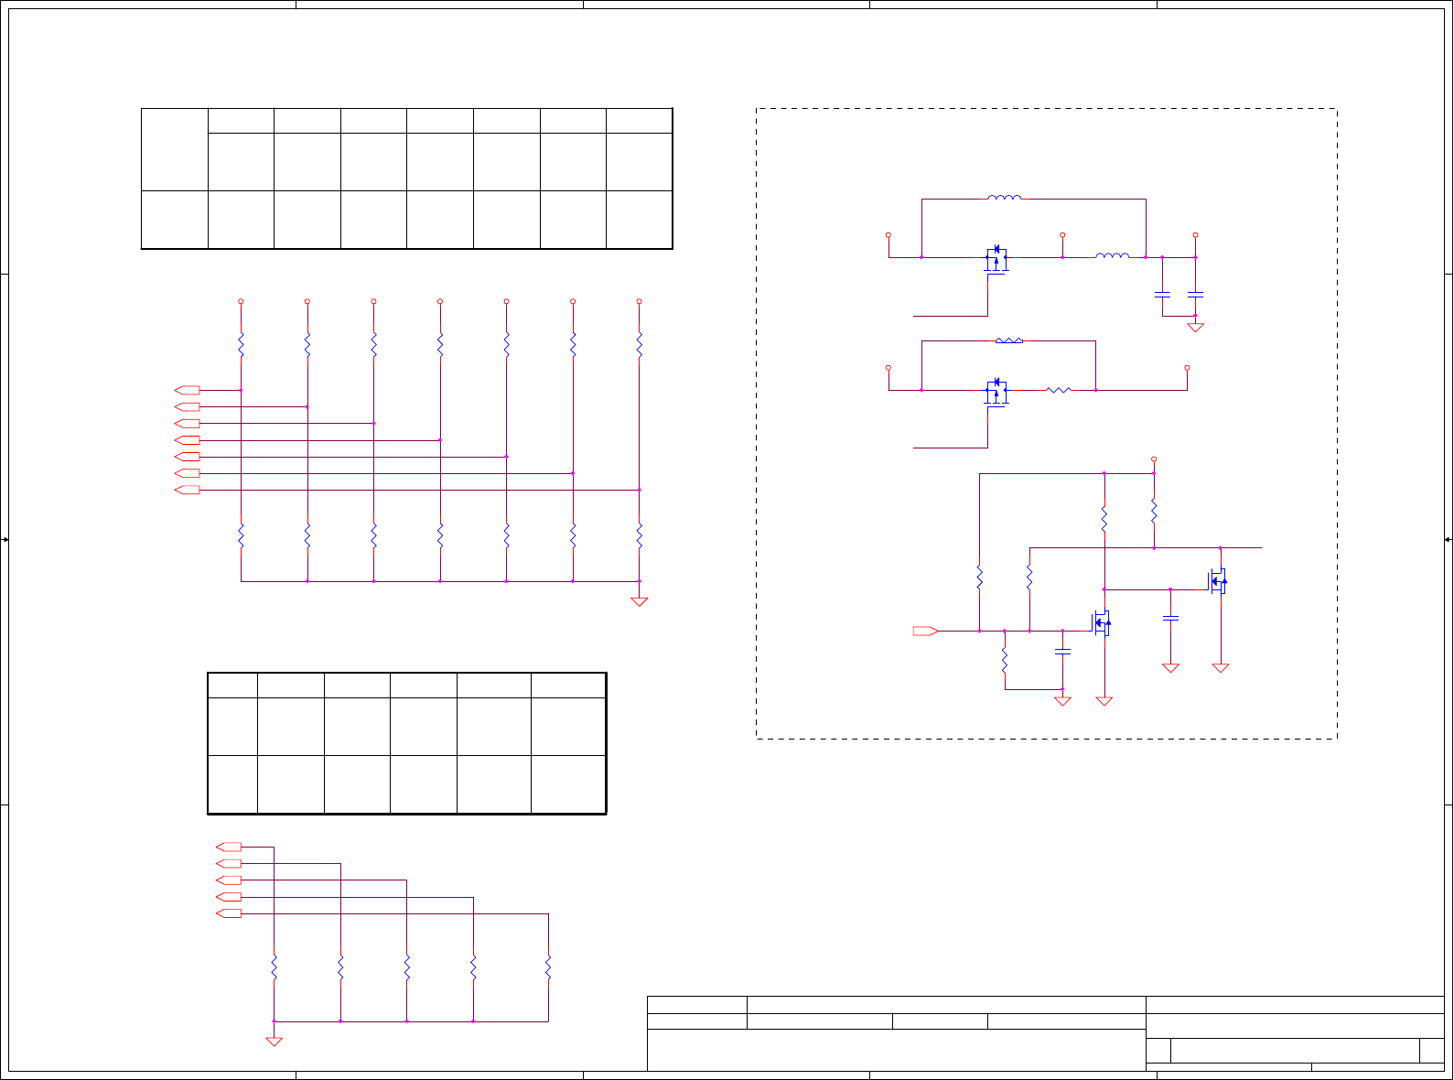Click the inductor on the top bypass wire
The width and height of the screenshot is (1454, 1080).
[x=1005, y=198]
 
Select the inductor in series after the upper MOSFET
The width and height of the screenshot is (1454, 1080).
[x=1112, y=256]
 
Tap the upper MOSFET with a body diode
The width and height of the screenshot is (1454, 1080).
[x=996, y=259]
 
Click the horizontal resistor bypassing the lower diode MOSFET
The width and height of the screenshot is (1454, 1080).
[x=1008, y=340]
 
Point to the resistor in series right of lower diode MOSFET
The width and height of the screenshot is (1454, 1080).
[x=1058, y=390]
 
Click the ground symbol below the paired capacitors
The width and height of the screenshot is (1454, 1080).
[x=1195, y=328]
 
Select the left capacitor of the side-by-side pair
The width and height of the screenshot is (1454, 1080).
[x=1162, y=295]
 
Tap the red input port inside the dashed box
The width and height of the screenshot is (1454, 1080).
[x=925, y=631]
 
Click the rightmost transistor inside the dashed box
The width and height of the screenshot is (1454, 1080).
[x=1218, y=581]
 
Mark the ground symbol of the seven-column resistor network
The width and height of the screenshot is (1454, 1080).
[x=639, y=601]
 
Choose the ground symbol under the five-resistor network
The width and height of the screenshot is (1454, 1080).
[x=274, y=1041]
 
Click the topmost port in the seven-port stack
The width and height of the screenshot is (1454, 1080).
[x=188, y=390]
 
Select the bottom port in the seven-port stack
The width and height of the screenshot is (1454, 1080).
[x=188, y=490]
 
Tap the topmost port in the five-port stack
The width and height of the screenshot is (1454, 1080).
[x=229, y=847]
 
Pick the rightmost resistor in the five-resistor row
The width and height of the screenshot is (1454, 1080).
[x=548, y=967]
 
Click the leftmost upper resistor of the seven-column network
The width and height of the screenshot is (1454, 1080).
[x=241, y=345]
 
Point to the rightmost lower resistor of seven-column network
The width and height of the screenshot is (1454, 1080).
[x=639, y=535]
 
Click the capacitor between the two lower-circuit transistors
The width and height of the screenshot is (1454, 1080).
[x=1170, y=618]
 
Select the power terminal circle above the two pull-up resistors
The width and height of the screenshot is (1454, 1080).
[x=1154, y=459]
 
